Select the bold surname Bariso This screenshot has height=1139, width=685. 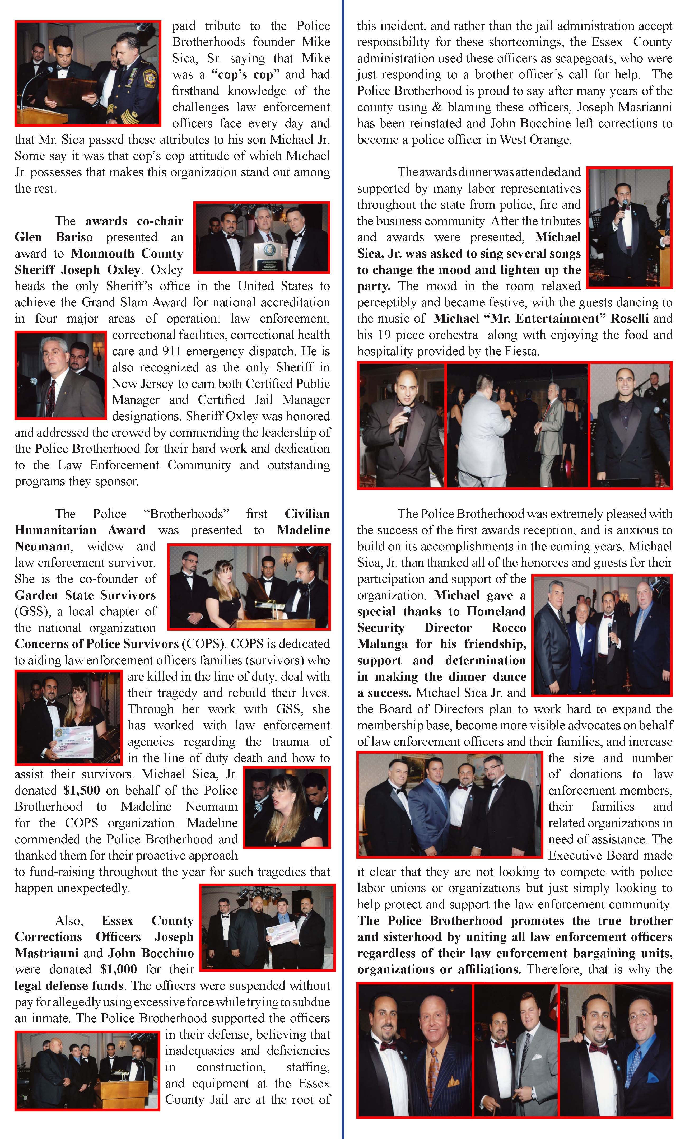pos(74,237)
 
